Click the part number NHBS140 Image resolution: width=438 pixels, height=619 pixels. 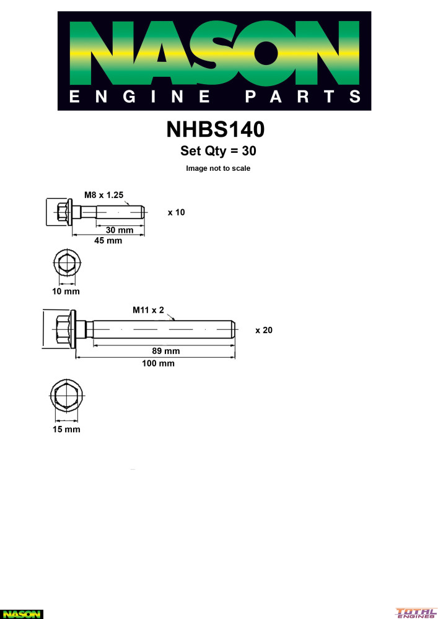216,129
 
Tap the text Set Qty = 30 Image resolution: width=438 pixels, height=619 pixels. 218,150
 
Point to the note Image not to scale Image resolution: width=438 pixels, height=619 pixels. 218,168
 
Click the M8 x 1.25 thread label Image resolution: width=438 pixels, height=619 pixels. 104,195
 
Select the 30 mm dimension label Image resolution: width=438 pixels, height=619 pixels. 120,230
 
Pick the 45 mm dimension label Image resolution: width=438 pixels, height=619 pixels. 108,241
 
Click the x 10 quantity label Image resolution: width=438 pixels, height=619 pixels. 176,212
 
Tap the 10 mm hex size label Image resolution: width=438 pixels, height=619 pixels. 66,290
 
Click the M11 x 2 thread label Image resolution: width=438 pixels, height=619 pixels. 148,309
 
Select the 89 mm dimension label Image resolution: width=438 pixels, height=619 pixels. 165,351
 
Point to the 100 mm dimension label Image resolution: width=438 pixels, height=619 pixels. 158,363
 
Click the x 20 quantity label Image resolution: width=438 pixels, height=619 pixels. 264,331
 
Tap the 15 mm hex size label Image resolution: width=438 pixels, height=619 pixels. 66,429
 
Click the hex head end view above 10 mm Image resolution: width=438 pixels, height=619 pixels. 65,264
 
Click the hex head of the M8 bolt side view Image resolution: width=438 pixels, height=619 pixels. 61,212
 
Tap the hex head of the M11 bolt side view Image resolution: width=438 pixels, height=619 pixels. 62,330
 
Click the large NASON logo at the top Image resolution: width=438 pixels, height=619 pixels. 214,61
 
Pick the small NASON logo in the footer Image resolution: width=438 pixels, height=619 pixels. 22,613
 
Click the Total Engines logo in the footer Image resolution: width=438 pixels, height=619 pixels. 416,613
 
